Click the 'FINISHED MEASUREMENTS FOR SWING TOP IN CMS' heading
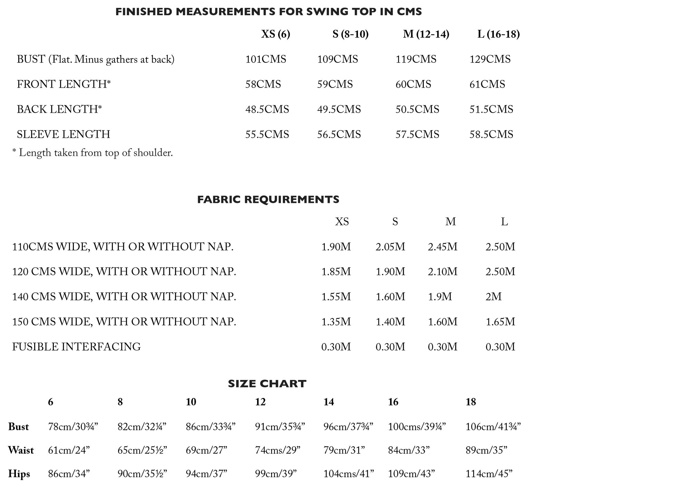(x=269, y=12)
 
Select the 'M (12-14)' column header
(x=426, y=34)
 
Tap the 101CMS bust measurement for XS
(x=265, y=59)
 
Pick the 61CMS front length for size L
(x=487, y=84)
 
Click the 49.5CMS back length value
(x=339, y=109)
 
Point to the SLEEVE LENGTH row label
(x=64, y=134)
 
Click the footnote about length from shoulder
(x=92, y=153)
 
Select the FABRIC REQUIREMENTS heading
(x=268, y=199)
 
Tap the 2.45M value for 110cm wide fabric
(x=442, y=247)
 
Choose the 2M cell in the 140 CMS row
(x=493, y=296)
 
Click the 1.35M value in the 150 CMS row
(x=336, y=322)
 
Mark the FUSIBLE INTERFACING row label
(x=76, y=346)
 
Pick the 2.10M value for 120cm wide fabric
(x=442, y=272)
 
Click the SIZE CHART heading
(x=267, y=384)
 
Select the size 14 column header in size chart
(x=329, y=402)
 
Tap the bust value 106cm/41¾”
(x=493, y=427)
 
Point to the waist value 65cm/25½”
(x=142, y=450)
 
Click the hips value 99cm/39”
(x=276, y=474)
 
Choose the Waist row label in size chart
(x=21, y=450)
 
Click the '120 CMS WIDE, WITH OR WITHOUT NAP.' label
(x=124, y=272)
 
